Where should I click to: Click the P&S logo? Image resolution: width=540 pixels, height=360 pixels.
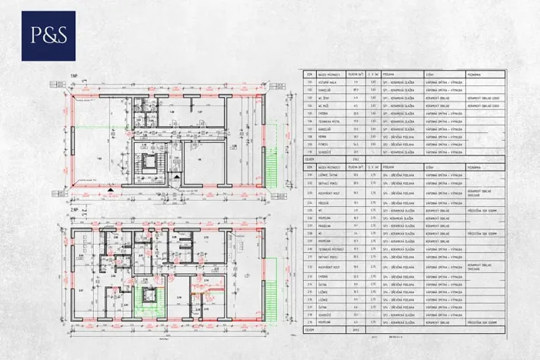(48, 35)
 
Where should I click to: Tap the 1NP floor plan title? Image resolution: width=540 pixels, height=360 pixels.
(74, 76)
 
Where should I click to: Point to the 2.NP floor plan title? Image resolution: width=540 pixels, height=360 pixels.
(74, 209)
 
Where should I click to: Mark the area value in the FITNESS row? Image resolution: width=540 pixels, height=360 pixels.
(355, 143)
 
